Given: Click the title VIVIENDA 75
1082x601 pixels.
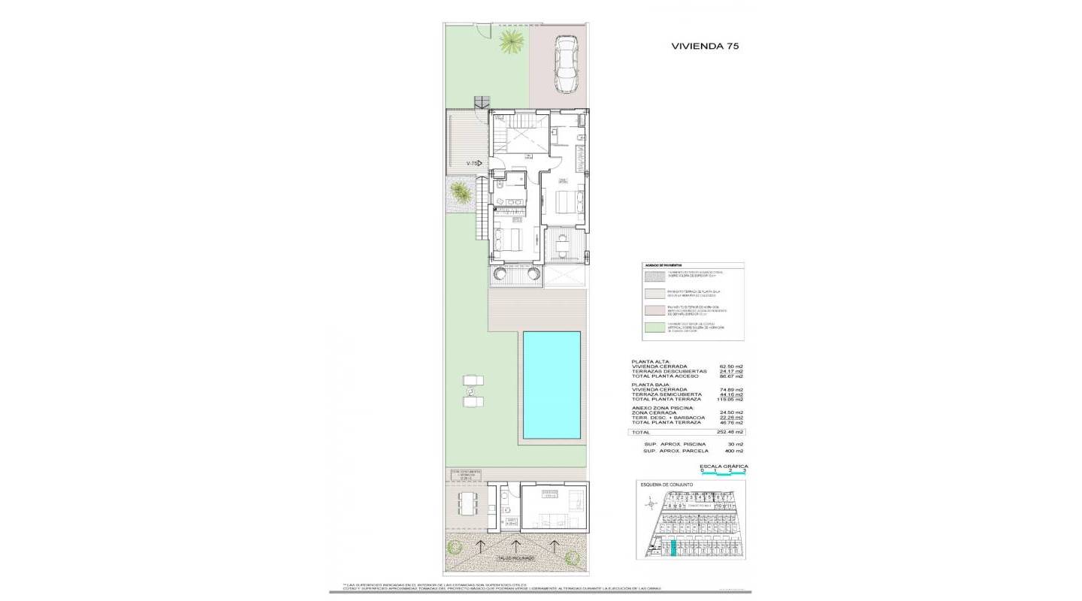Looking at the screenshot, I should tap(704, 46).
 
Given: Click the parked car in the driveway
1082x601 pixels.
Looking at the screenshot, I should tap(565, 65).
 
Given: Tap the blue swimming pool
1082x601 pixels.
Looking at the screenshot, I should tap(551, 385).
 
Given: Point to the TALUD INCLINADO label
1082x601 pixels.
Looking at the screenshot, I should tap(515, 558).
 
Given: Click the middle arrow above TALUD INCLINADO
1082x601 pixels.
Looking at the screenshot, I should tap(515, 545).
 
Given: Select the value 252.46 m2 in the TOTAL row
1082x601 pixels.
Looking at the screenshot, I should tap(728, 433).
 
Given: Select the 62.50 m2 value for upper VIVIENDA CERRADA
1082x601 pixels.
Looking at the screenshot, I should tap(730, 367).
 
